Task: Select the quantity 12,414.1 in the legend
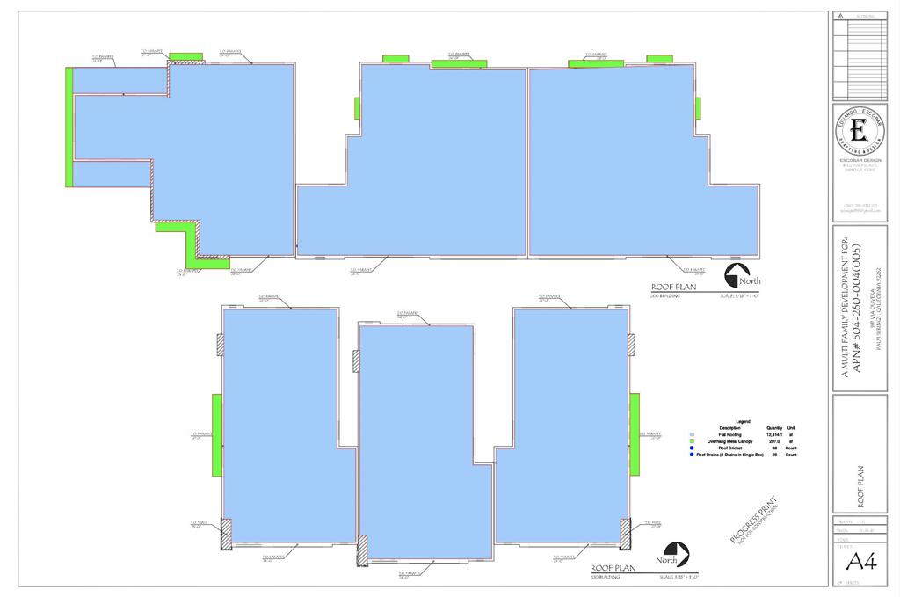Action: [773, 434]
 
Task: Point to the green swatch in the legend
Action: [693, 441]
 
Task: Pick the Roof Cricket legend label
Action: [731, 448]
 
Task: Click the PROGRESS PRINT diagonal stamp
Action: [753, 525]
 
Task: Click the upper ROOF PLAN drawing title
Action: [672, 288]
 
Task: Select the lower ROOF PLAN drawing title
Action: [613, 568]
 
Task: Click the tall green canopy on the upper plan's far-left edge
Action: [69, 126]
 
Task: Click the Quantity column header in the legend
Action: [774, 427]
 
